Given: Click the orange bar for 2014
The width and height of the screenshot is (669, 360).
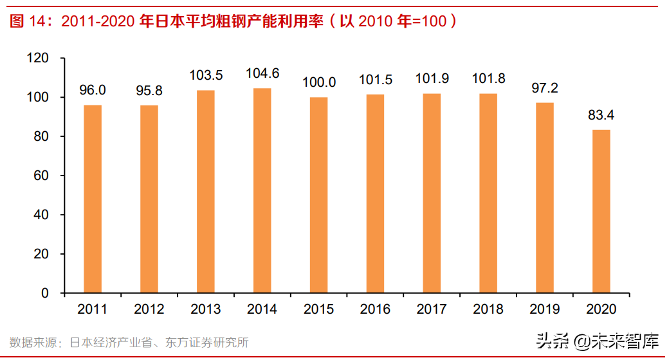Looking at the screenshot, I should [262, 190].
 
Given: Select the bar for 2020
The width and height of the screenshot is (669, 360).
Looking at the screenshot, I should [601, 212].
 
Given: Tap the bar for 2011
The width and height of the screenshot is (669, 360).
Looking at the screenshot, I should [93, 199].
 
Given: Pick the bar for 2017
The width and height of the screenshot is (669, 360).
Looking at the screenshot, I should [432, 193].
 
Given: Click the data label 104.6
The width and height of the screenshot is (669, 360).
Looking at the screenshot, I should [262, 74].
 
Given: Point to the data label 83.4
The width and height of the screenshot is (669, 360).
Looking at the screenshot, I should [601, 116].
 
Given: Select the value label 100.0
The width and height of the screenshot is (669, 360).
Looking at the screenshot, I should [318, 83].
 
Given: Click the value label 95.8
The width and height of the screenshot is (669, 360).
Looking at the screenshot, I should [149, 91].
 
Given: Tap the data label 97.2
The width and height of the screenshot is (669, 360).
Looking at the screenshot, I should [544, 88].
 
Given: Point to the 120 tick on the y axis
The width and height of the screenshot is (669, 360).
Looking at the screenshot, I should [39, 59].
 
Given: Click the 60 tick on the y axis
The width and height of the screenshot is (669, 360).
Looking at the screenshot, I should [42, 175].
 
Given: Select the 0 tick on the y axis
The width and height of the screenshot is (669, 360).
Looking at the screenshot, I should [45, 293].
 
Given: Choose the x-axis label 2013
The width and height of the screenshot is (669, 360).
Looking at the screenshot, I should [206, 309].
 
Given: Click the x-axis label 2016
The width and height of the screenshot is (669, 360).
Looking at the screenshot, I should [375, 309].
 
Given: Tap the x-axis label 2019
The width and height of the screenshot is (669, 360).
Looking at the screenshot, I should [544, 309].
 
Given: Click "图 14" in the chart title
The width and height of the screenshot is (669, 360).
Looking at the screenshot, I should [30, 21].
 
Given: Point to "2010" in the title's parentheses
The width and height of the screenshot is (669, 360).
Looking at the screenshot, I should [375, 21].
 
